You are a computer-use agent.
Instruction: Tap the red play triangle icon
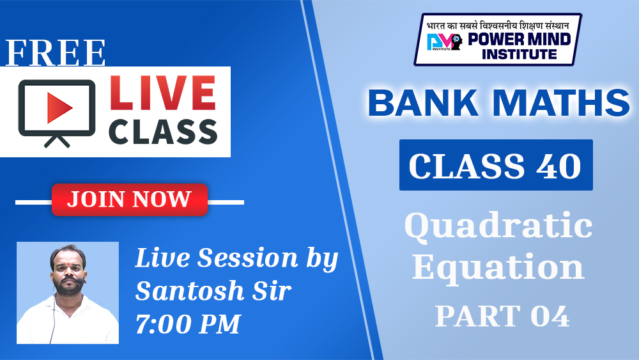pos(59,108)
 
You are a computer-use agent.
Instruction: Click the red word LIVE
pos(162,93)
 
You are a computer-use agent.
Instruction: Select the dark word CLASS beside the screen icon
pos(162,132)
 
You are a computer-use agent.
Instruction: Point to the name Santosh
pos(190,291)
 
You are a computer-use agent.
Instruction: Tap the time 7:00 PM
pos(188,324)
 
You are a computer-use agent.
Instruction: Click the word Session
pos(248,258)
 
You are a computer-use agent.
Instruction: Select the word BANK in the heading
pos(423,102)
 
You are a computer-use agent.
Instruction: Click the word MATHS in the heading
pos(562,102)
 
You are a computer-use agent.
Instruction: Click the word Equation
pos(498,267)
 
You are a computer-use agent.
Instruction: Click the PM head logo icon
pos(445,41)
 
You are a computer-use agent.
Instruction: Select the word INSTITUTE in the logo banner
pos(519,54)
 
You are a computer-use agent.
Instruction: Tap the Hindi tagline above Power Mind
pos(498,26)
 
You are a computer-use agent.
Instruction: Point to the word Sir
pos(272,291)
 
